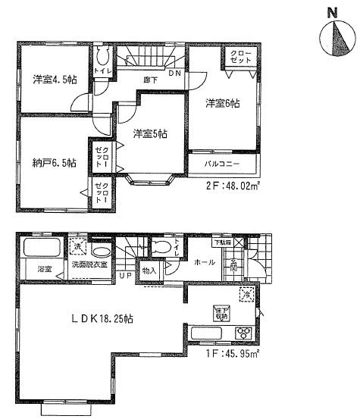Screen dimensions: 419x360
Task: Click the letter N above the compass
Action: click(330, 12)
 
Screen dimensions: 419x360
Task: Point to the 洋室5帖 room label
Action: click(150, 134)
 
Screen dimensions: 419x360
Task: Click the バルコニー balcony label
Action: click(222, 164)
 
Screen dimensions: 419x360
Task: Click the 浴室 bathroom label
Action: click(42, 269)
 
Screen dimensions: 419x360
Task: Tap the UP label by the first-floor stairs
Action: click(124, 276)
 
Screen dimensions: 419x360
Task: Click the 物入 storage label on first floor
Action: click(149, 270)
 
